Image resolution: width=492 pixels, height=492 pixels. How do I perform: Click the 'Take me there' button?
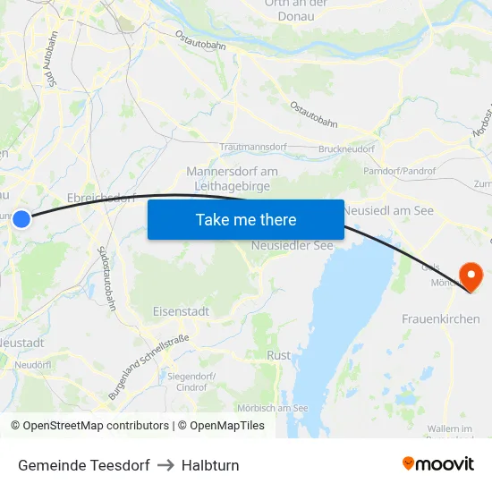click(x=245, y=219)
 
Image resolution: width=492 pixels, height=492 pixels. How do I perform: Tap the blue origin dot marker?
click(x=21, y=218)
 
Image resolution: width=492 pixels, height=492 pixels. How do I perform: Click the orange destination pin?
click(x=470, y=275)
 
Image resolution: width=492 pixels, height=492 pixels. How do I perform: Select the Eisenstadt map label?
click(x=181, y=311)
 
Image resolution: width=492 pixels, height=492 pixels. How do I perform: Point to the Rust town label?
click(x=278, y=355)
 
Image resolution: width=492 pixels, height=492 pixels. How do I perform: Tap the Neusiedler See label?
click(x=292, y=245)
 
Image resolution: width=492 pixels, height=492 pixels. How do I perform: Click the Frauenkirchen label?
click(x=440, y=318)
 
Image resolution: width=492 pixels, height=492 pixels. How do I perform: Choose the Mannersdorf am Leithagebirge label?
click(x=232, y=177)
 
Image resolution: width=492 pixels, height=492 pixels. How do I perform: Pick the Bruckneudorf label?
click(x=346, y=149)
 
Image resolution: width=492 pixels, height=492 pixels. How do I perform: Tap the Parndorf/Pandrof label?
click(x=399, y=171)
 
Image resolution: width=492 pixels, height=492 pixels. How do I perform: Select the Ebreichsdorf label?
click(x=100, y=198)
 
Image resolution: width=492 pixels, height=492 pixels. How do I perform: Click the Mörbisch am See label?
click(x=273, y=408)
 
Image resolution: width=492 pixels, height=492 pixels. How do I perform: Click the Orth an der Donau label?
click(x=297, y=9)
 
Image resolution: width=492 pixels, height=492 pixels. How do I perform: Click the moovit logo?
click(x=437, y=464)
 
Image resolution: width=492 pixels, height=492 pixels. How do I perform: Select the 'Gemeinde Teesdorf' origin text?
click(x=83, y=465)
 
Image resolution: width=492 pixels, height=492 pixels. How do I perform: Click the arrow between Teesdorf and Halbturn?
click(x=165, y=465)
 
